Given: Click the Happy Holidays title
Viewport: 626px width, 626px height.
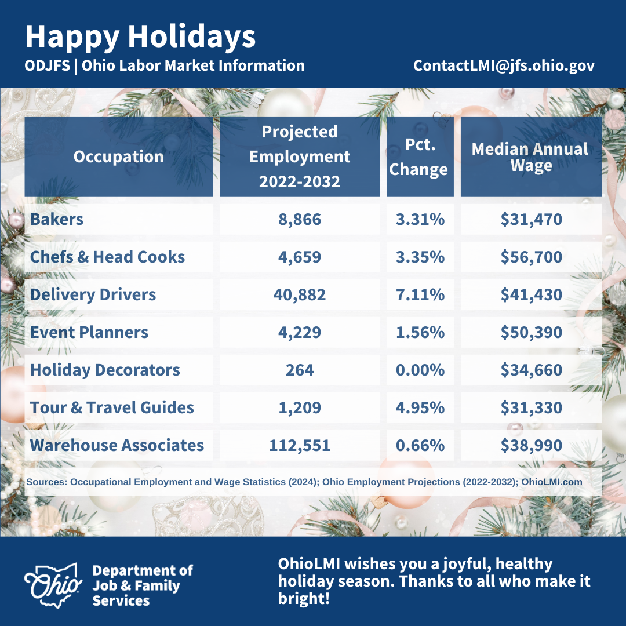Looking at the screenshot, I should point(140,37).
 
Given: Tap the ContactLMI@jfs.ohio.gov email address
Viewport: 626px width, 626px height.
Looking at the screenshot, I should point(504,65).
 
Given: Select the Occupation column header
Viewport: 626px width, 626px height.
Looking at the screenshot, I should point(119,156).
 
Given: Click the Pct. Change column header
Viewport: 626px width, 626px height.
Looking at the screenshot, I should point(418,156).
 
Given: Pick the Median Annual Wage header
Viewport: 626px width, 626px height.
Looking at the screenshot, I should point(530,157).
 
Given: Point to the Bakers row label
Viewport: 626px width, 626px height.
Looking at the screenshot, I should point(57,219).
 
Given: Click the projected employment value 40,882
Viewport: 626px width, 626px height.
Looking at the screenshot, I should point(300,294).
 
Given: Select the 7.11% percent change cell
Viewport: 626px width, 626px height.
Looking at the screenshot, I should point(420,294).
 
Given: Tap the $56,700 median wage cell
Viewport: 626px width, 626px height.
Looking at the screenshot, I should point(532,257).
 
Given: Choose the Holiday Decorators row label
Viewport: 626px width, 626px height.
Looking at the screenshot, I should point(105,370).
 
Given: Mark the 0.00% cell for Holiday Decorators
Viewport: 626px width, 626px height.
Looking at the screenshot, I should point(420,370).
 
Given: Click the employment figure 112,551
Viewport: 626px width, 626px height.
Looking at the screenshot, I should point(300,445).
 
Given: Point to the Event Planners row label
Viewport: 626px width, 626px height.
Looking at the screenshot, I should point(89,332).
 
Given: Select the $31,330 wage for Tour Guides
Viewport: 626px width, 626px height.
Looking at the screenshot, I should point(532,407).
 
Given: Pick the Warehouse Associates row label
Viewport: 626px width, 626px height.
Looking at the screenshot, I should point(117,445).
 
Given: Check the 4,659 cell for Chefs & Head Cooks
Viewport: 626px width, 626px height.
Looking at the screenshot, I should point(300,257).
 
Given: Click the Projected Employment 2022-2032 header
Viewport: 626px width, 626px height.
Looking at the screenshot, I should point(300,156).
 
